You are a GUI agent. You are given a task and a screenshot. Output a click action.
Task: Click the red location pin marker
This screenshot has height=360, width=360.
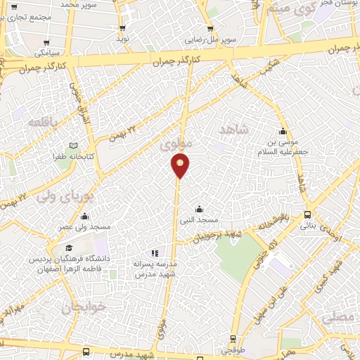[180, 166]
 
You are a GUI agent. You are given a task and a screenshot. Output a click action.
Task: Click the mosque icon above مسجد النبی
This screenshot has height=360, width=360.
[200, 209]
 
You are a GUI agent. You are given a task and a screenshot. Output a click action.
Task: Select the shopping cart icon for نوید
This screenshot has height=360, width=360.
[122, 28]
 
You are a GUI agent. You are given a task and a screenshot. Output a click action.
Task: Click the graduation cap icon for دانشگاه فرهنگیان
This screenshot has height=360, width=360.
[70, 248]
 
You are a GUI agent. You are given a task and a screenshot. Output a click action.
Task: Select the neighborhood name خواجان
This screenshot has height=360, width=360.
[82, 307]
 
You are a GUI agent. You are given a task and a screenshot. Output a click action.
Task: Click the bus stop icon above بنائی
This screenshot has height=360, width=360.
[308, 214]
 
